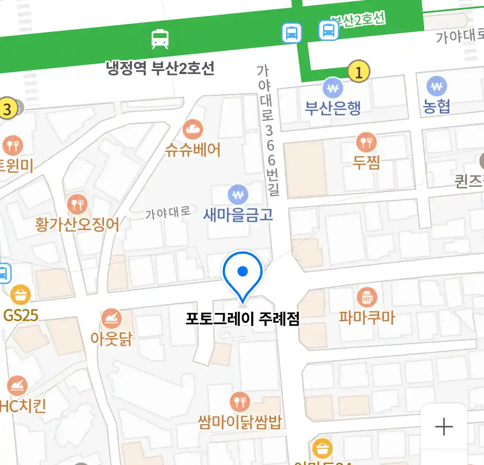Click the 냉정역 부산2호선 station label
[160, 68]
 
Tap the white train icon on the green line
[160, 39]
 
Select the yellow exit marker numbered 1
[358, 71]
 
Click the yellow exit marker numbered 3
[7, 108]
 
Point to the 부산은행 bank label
[333, 108]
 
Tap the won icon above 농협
[437, 87]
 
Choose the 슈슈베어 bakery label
[193, 149]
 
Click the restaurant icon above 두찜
[366, 142]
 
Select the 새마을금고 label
[238, 214]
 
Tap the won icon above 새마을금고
[237, 195]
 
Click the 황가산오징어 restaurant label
[77, 224]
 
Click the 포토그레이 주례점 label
[242, 319]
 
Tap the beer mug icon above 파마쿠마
[367, 297]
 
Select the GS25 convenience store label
[21, 316]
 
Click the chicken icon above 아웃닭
[111, 318]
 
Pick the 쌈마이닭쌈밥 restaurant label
[240, 422]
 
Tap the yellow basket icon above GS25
[20, 295]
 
